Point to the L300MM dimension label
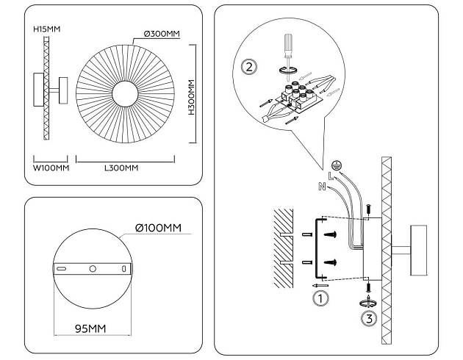click(x=122, y=168)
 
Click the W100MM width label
click(x=51, y=168)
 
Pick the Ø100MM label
click(x=159, y=228)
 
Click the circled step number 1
click(x=320, y=298)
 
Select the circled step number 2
click(x=250, y=67)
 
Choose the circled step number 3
click(x=370, y=318)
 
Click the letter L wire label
click(x=331, y=177)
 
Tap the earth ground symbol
click(x=337, y=165)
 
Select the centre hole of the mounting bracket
click(x=93, y=270)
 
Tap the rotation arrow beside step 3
click(x=370, y=302)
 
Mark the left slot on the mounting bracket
click(x=64, y=270)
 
